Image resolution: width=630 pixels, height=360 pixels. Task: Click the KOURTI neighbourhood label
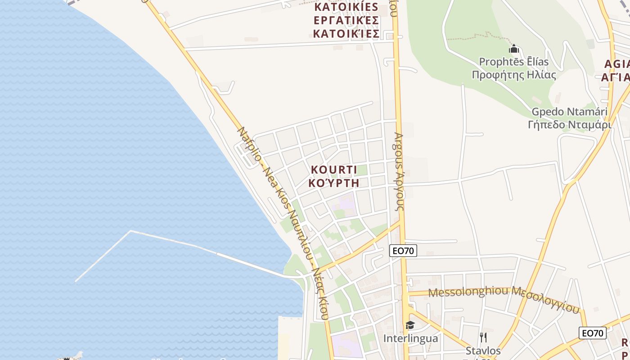point(333,170)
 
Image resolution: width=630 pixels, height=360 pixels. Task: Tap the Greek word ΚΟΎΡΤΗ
point(333,183)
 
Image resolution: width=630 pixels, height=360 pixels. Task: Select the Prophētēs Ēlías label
point(513,62)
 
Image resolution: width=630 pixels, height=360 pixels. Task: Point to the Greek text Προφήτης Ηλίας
point(513,75)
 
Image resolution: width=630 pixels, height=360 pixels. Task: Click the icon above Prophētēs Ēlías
point(513,49)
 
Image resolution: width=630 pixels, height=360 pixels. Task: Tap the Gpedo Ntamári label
point(569,112)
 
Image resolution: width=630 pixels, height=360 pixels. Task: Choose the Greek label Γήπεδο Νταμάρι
point(569,124)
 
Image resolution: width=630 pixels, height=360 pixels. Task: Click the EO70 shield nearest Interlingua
point(403,251)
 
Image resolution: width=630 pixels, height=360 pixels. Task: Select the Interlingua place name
point(410,338)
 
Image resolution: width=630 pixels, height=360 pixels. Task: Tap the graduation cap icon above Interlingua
point(410,325)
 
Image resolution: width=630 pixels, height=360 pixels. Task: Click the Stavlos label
point(483,350)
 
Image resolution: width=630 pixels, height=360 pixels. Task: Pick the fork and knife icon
point(483,337)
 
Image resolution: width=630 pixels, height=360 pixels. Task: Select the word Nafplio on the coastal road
point(249,145)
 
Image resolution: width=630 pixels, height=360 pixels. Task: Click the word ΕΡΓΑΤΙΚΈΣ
point(346,21)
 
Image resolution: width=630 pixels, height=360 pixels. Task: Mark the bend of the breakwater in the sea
point(130,231)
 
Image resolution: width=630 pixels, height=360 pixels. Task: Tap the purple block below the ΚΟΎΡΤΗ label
point(344,202)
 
